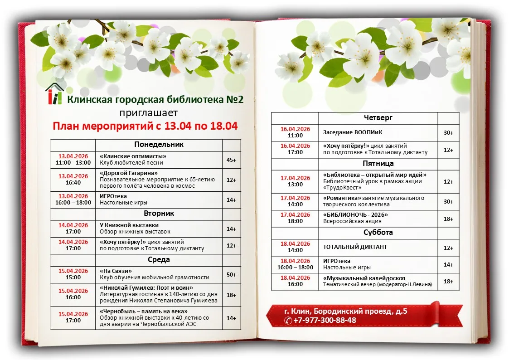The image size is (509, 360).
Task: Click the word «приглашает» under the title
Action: tap(149, 112)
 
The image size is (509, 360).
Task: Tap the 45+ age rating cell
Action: tap(231, 160)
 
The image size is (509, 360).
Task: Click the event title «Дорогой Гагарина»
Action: tap(129, 173)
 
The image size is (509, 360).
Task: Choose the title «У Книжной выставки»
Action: tap(129, 225)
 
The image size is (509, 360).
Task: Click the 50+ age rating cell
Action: tap(231, 274)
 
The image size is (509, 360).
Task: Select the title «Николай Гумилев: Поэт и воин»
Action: tap(146, 288)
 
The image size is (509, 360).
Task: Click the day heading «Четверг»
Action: tap(378, 118)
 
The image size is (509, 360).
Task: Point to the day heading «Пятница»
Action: tap(378, 164)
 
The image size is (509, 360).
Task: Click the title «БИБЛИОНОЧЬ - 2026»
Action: tap(356, 215)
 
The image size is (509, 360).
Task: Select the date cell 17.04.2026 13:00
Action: tap(295, 181)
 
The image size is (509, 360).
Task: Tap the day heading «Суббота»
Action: tap(378, 233)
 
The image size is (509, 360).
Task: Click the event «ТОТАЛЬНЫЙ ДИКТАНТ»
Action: tap(355, 247)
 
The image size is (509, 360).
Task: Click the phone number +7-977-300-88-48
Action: tap(325, 320)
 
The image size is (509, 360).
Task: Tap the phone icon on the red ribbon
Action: tap(288, 321)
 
